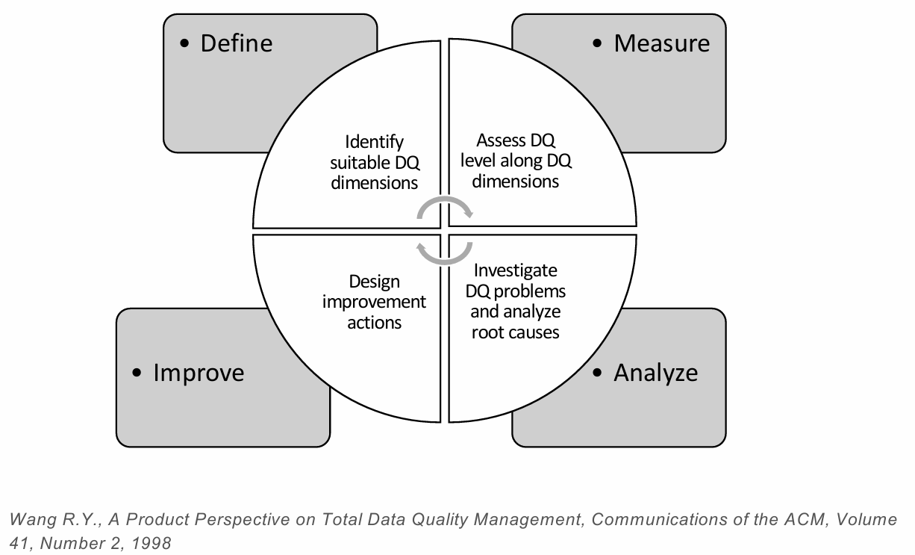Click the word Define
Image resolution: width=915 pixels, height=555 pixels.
point(236,43)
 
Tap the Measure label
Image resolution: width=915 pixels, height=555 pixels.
point(661,43)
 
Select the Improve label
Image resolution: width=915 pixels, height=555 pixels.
point(199,372)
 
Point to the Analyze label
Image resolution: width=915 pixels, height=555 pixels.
point(655,372)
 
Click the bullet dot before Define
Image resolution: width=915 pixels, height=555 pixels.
point(185,44)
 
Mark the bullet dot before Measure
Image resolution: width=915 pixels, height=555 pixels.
point(597,44)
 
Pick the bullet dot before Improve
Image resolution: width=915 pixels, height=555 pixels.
point(137,373)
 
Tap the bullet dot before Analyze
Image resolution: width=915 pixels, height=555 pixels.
point(597,373)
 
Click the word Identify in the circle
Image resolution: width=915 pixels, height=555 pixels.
point(374,142)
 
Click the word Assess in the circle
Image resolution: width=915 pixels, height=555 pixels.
point(501,140)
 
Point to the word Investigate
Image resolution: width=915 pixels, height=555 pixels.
point(515,270)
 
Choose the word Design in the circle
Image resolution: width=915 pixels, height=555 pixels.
point(374,282)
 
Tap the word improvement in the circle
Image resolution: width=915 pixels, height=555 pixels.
point(374,302)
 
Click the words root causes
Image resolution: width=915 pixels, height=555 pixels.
point(515,332)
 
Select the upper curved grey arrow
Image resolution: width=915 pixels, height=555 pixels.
point(445,206)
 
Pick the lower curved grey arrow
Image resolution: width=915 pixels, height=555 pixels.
point(445,253)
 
